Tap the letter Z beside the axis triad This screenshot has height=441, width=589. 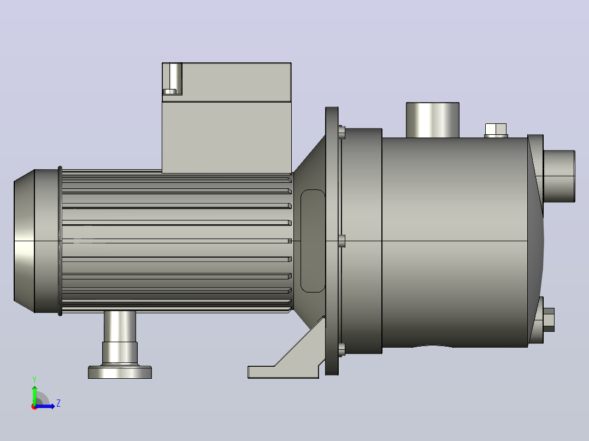click(58, 403)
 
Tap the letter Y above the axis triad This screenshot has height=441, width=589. click(34, 379)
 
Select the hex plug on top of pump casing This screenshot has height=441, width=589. click(496, 130)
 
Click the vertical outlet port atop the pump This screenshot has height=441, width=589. click(433, 120)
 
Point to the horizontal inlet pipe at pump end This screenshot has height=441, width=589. click(559, 176)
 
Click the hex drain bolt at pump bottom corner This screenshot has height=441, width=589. click(549, 320)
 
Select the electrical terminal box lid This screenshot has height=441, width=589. click(227, 82)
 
